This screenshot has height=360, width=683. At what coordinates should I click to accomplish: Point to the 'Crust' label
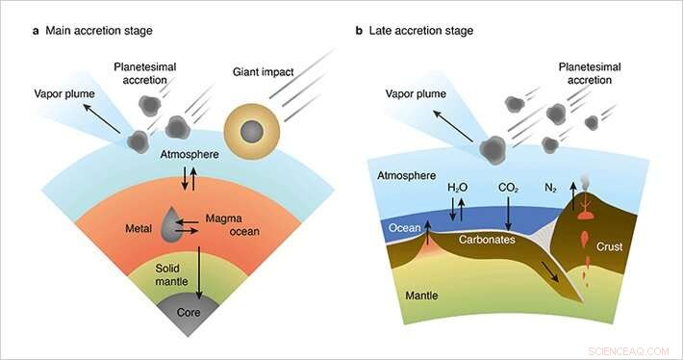(610, 246)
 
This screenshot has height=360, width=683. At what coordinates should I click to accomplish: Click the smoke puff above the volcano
(586, 182)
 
